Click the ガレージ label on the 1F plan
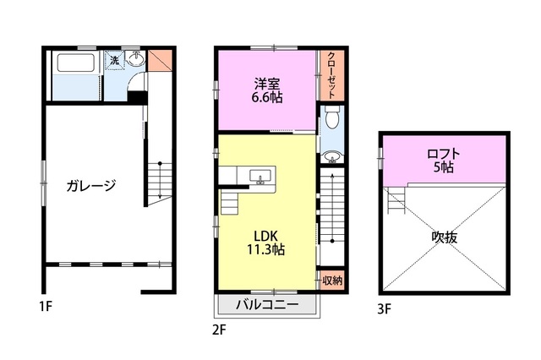pyautogui.click(x=91, y=186)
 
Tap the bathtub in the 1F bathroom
pyautogui.click(x=76, y=63)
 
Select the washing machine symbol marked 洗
pyautogui.click(x=114, y=60)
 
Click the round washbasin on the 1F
pyautogui.click(x=135, y=59)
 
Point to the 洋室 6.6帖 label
pyautogui.click(x=267, y=90)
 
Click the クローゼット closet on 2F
pyautogui.click(x=331, y=75)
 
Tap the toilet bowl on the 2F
pyautogui.click(x=331, y=117)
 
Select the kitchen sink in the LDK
pyautogui.click(x=260, y=177)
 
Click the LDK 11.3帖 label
pyautogui.click(x=265, y=243)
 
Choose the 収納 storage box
pyautogui.click(x=331, y=281)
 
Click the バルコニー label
pyautogui.click(x=267, y=305)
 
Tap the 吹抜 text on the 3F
pyautogui.click(x=445, y=237)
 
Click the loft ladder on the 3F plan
pyautogui.click(x=397, y=199)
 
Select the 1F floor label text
pyautogui.click(x=46, y=306)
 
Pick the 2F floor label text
pyautogui.click(x=219, y=330)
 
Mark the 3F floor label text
pyautogui.click(x=385, y=309)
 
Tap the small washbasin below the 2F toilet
pyautogui.click(x=332, y=157)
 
